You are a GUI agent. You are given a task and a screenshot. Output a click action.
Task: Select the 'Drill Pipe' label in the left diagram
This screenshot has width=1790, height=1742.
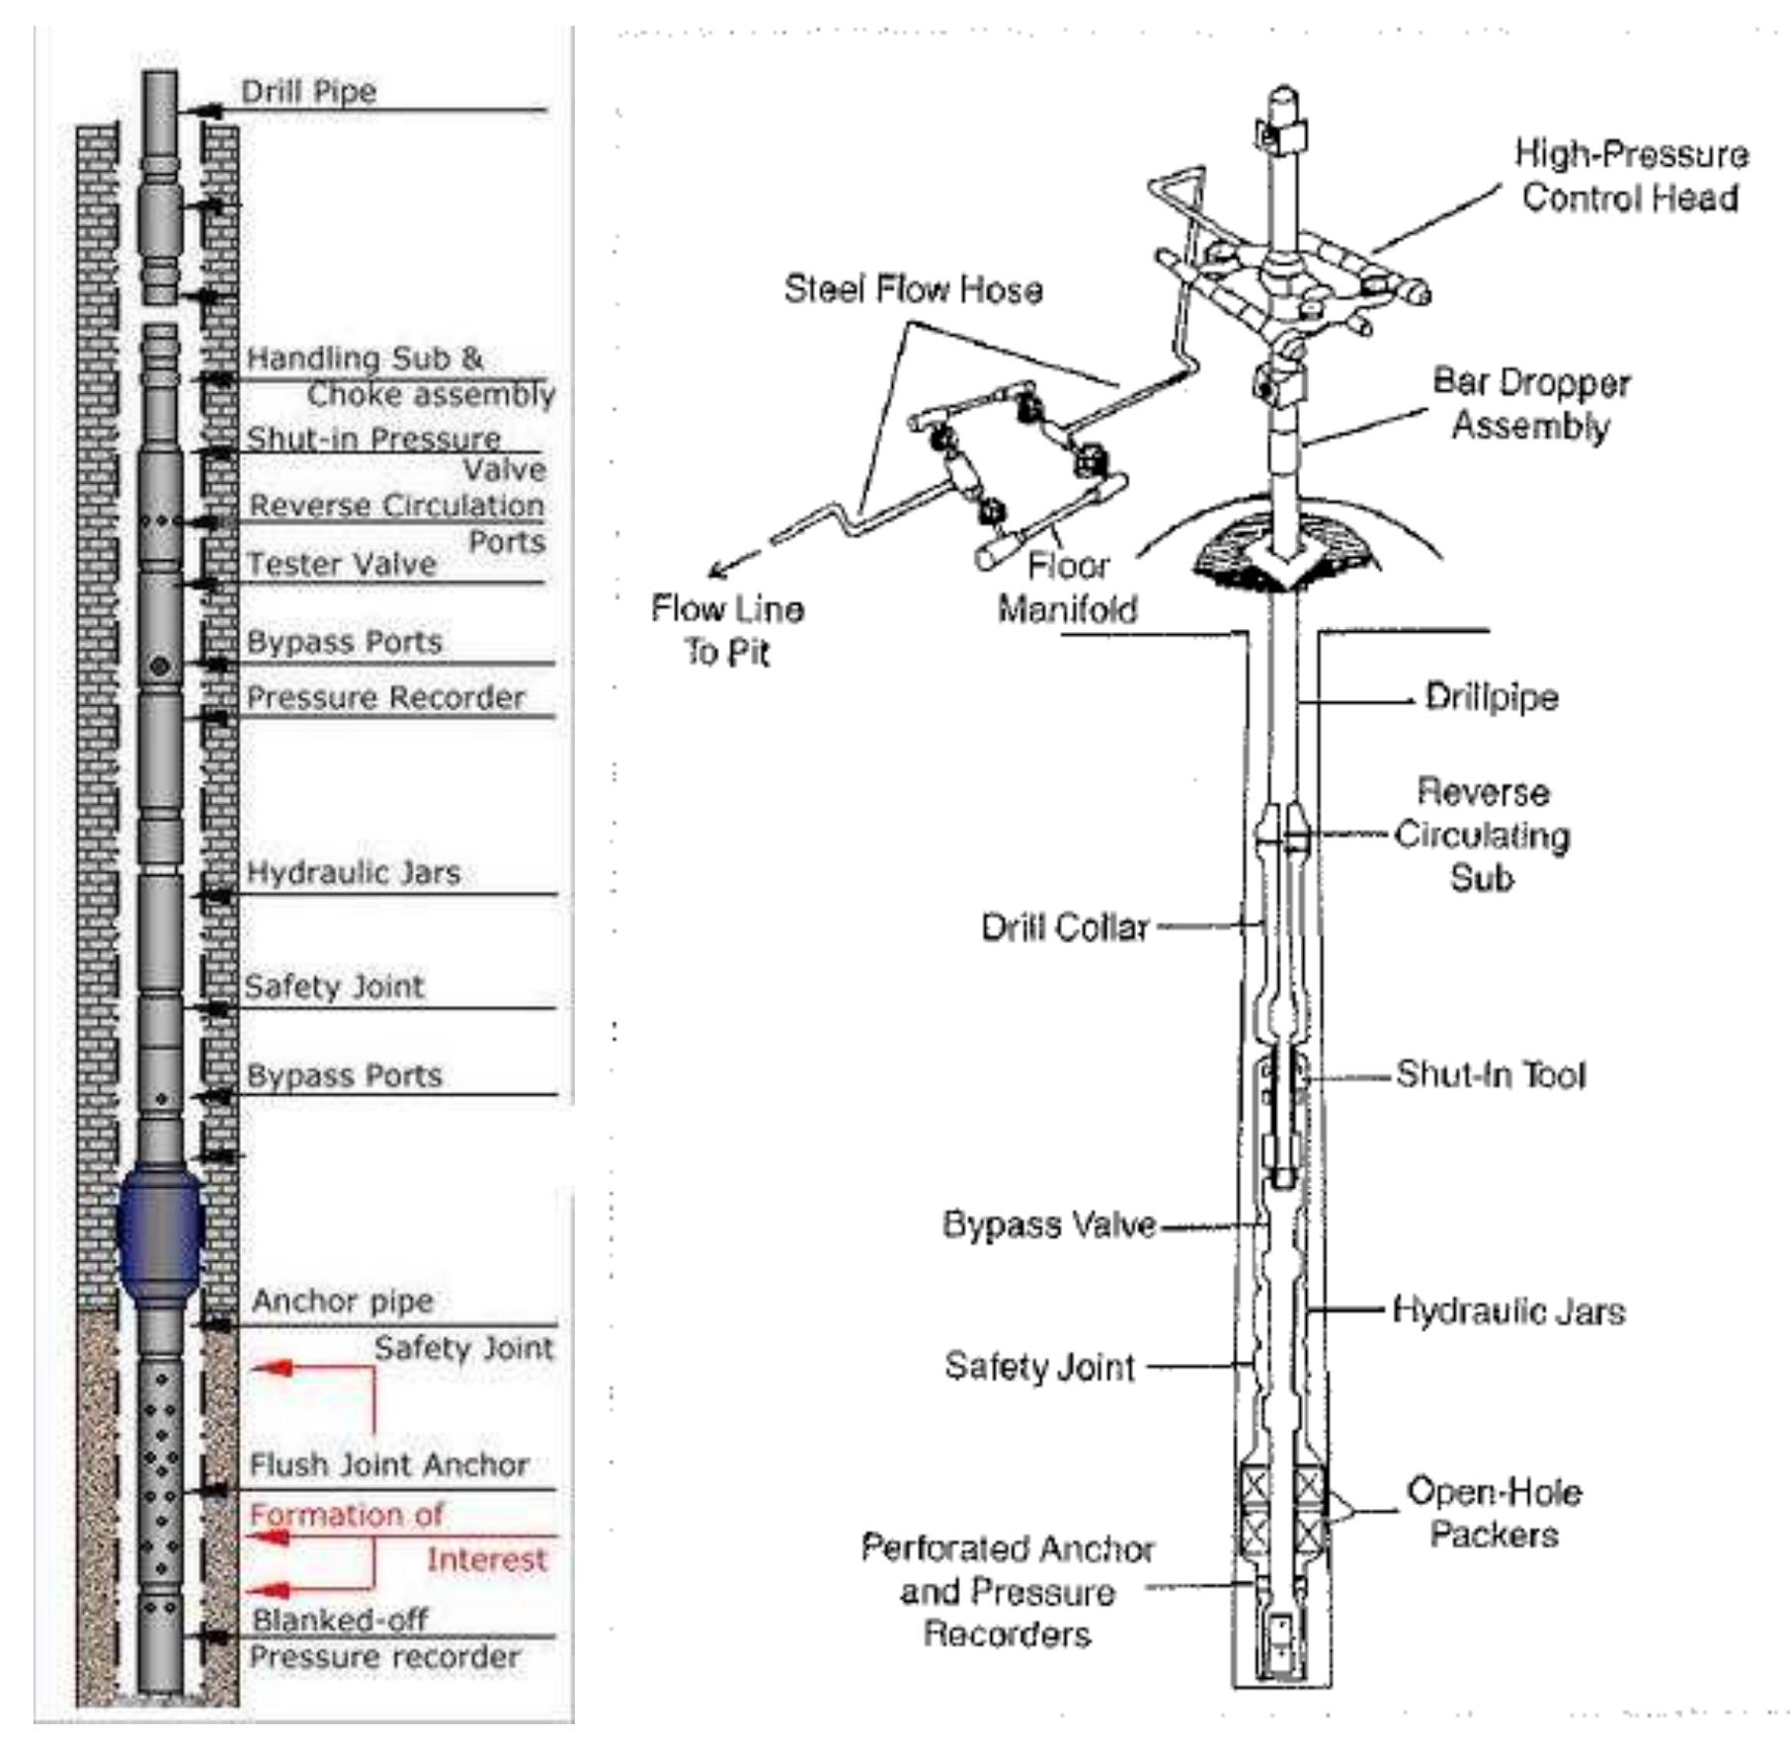[308, 92]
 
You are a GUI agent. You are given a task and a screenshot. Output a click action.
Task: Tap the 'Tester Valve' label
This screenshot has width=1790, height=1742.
[341, 564]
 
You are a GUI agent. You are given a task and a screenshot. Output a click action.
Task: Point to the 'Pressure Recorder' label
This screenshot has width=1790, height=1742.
[385, 697]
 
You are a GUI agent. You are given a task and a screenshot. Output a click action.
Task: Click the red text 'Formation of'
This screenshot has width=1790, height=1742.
[346, 1514]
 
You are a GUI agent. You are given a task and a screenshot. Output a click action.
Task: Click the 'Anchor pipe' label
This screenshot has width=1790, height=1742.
[342, 1301]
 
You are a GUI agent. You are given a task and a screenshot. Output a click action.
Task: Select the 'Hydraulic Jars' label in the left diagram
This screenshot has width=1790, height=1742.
[353, 872]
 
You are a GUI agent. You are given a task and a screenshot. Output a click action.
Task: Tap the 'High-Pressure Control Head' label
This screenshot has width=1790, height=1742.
[1630, 176]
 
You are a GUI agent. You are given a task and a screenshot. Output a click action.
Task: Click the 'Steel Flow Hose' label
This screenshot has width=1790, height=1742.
[913, 289]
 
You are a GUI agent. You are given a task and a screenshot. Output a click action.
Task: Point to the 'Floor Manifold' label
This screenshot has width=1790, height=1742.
[1067, 588]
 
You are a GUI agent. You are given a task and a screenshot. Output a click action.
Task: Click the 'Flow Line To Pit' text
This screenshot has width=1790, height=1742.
[727, 630]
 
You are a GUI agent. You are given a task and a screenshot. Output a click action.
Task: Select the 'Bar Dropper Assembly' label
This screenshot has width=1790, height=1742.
[1530, 404]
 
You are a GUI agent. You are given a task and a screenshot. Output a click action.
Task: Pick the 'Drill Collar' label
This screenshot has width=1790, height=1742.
[1064, 927]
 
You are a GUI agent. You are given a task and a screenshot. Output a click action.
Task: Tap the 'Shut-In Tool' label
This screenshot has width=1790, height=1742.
[1490, 1074]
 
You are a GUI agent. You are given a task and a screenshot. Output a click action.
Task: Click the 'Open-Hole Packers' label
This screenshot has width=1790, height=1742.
[1494, 1512]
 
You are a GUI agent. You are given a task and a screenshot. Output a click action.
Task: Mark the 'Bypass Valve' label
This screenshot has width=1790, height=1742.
[1049, 1225]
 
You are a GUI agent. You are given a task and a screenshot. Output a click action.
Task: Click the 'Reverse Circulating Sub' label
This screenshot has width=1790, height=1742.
[1481, 834]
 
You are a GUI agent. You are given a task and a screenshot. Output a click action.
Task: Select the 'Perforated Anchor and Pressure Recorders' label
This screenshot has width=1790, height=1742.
[1007, 1591]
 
